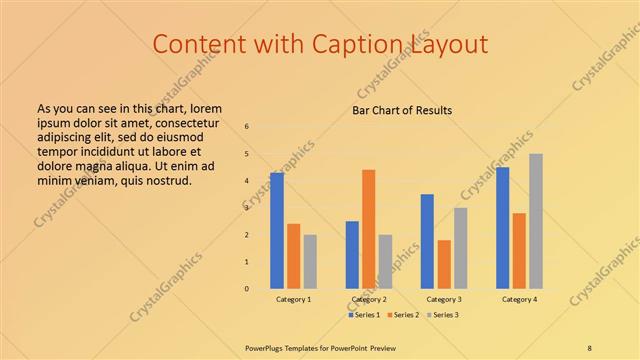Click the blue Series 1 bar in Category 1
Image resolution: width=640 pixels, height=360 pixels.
click(277, 230)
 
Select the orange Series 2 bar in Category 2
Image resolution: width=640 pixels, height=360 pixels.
click(369, 229)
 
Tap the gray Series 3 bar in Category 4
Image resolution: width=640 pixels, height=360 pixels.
click(536, 221)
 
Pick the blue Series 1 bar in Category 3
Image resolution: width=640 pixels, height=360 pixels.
click(427, 241)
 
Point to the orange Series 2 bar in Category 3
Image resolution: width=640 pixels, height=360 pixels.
click(444, 264)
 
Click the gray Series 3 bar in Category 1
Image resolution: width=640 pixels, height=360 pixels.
click(310, 261)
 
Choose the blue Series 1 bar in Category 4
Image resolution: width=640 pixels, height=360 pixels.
click(502, 227)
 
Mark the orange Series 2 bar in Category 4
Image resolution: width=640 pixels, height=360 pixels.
click(519, 250)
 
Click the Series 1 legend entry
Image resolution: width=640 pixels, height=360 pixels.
click(364, 315)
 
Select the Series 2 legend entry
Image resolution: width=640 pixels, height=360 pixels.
click(403, 315)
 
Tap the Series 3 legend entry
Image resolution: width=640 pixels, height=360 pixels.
click(441, 315)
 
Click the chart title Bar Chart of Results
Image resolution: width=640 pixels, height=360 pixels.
click(402, 110)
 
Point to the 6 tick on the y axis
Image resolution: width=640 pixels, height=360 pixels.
click(247, 127)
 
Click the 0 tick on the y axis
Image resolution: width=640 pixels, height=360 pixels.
click(247, 289)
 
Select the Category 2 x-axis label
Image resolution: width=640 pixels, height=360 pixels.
click(369, 299)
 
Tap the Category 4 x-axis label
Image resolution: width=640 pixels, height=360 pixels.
click(519, 299)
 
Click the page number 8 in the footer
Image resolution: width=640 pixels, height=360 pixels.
click(589, 347)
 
